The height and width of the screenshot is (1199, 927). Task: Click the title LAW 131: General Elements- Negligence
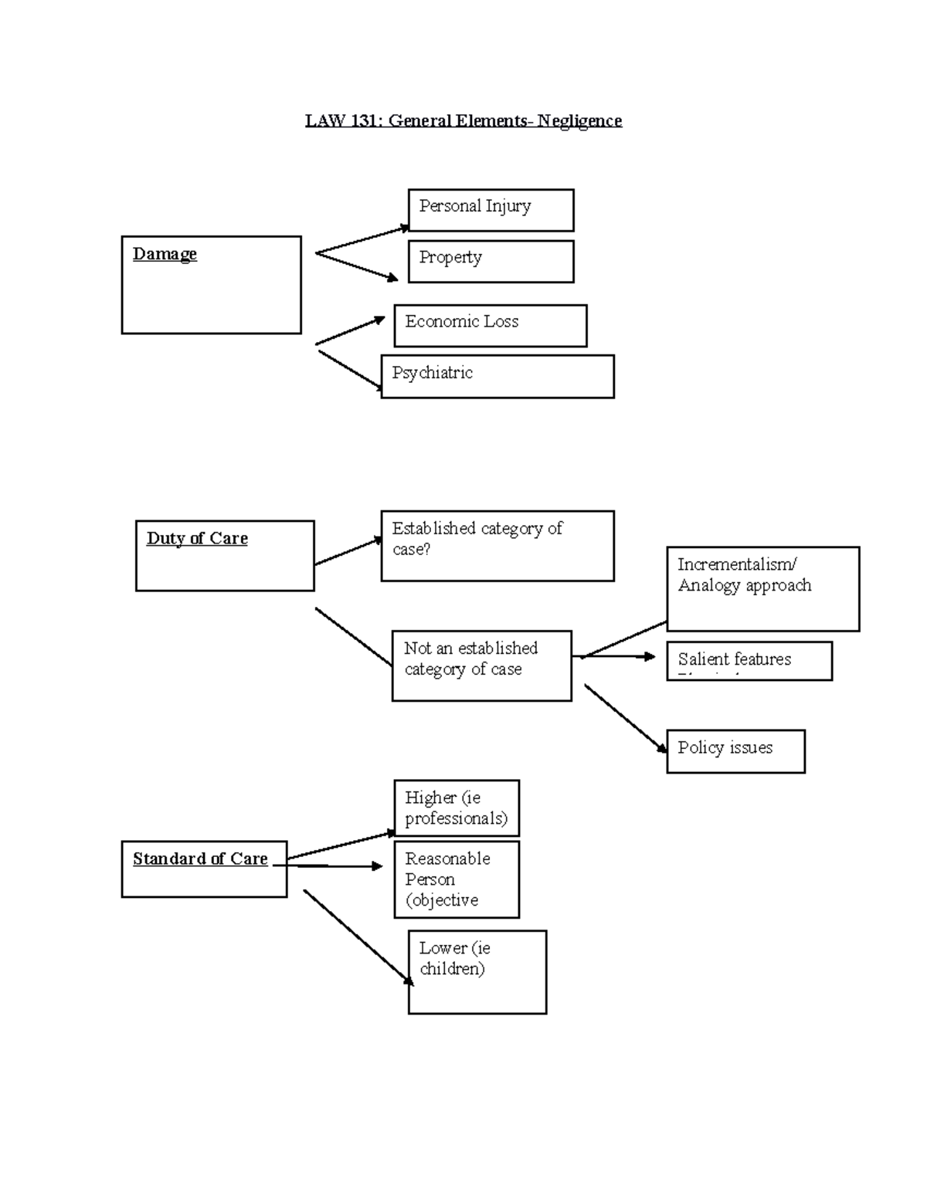point(463,121)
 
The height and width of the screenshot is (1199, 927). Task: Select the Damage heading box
point(211,285)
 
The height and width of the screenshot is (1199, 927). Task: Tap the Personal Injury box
point(491,210)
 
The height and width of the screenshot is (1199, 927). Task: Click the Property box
point(491,262)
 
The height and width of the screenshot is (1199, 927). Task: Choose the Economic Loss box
point(490,326)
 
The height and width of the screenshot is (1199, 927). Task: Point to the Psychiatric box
point(497,377)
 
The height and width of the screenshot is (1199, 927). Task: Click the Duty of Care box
point(224,556)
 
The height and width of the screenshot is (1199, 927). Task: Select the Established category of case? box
point(497,546)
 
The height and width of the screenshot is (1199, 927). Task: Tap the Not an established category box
point(481,666)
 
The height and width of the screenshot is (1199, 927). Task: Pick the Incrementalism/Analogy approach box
point(762,589)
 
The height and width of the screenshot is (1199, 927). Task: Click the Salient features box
point(749,661)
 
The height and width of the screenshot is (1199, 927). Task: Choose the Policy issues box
point(735,751)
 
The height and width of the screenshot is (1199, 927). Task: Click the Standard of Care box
point(204,869)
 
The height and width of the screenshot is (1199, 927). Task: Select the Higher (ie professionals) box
point(457,808)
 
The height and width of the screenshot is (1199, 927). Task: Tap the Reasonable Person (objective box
point(457,879)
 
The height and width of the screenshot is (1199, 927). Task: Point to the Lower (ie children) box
point(477,972)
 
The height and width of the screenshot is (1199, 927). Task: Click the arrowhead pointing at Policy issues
point(662,747)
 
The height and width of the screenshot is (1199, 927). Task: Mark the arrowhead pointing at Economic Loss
point(379,319)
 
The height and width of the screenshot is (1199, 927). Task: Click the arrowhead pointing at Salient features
point(650,657)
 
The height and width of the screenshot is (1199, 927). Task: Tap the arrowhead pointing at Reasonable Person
point(378,866)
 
